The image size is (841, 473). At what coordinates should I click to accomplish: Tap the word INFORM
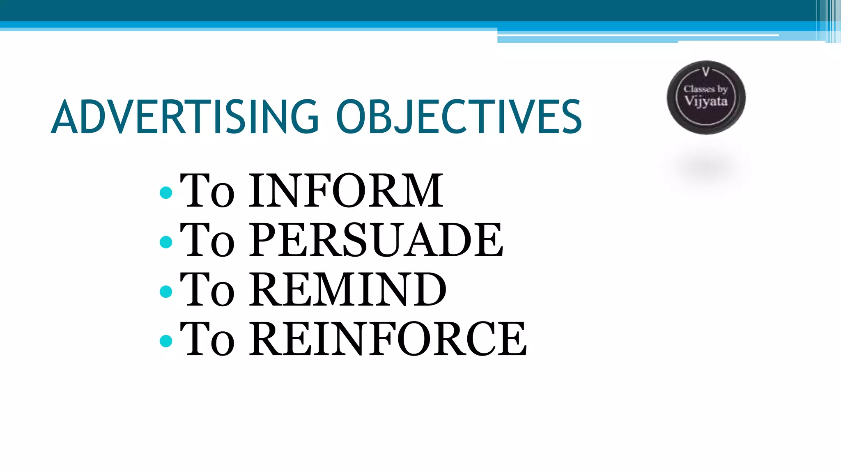pyautogui.click(x=346, y=191)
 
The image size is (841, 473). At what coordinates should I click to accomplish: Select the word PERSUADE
pyautogui.click(x=376, y=240)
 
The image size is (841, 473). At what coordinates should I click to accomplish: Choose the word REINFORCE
pyautogui.click(x=388, y=339)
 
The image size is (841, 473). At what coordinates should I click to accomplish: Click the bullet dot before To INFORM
pyautogui.click(x=166, y=193)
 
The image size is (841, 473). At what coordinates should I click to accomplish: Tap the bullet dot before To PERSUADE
pyautogui.click(x=166, y=242)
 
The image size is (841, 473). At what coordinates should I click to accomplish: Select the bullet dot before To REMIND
pyautogui.click(x=166, y=292)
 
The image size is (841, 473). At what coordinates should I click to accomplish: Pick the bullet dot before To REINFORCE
pyautogui.click(x=166, y=341)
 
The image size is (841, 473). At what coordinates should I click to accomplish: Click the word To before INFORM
pyautogui.click(x=207, y=191)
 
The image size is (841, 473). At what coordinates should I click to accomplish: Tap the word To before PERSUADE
pyautogui.click(x=207, y=240)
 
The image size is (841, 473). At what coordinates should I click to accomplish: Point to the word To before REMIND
pyautogui.click(x=207, y=289)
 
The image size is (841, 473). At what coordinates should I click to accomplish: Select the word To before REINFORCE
pyautogui.click(x=207, y=339)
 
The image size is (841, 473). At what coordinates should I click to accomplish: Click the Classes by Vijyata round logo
pyautogui.click(x=706, y=98)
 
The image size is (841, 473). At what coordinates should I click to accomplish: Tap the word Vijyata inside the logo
pyautogui.click(x=706, y=101)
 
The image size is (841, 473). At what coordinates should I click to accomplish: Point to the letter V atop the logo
pyautogui.click(x=706, y=73)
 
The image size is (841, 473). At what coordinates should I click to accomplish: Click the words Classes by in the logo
pyautogui.click(x=705, y=89)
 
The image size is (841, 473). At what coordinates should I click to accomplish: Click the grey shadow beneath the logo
pyautogui.click(x=706, y=168)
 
